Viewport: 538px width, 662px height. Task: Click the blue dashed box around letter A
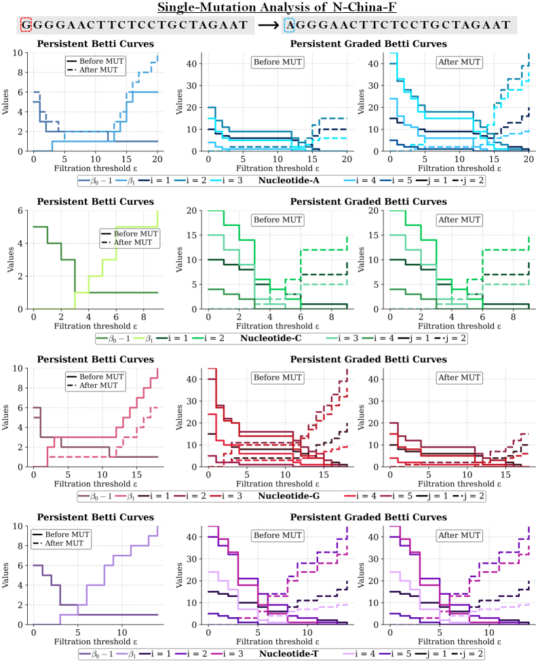[290, 25]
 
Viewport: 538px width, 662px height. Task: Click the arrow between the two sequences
[269, 26]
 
